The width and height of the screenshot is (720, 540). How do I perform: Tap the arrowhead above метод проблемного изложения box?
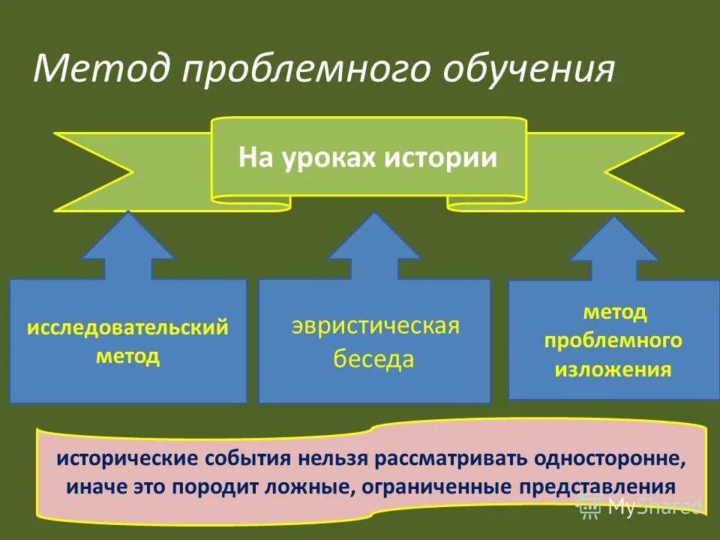(613, 243)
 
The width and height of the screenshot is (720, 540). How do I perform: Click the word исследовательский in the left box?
(127, 328)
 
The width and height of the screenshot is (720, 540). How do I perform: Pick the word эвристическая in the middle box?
(375, 327)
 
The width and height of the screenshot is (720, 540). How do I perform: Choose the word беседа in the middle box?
(373, 359)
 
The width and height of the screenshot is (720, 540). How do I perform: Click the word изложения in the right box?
(613, 370)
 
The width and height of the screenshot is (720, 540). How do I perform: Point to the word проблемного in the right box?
(613, 340)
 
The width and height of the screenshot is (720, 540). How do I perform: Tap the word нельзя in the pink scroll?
(330, 457)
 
